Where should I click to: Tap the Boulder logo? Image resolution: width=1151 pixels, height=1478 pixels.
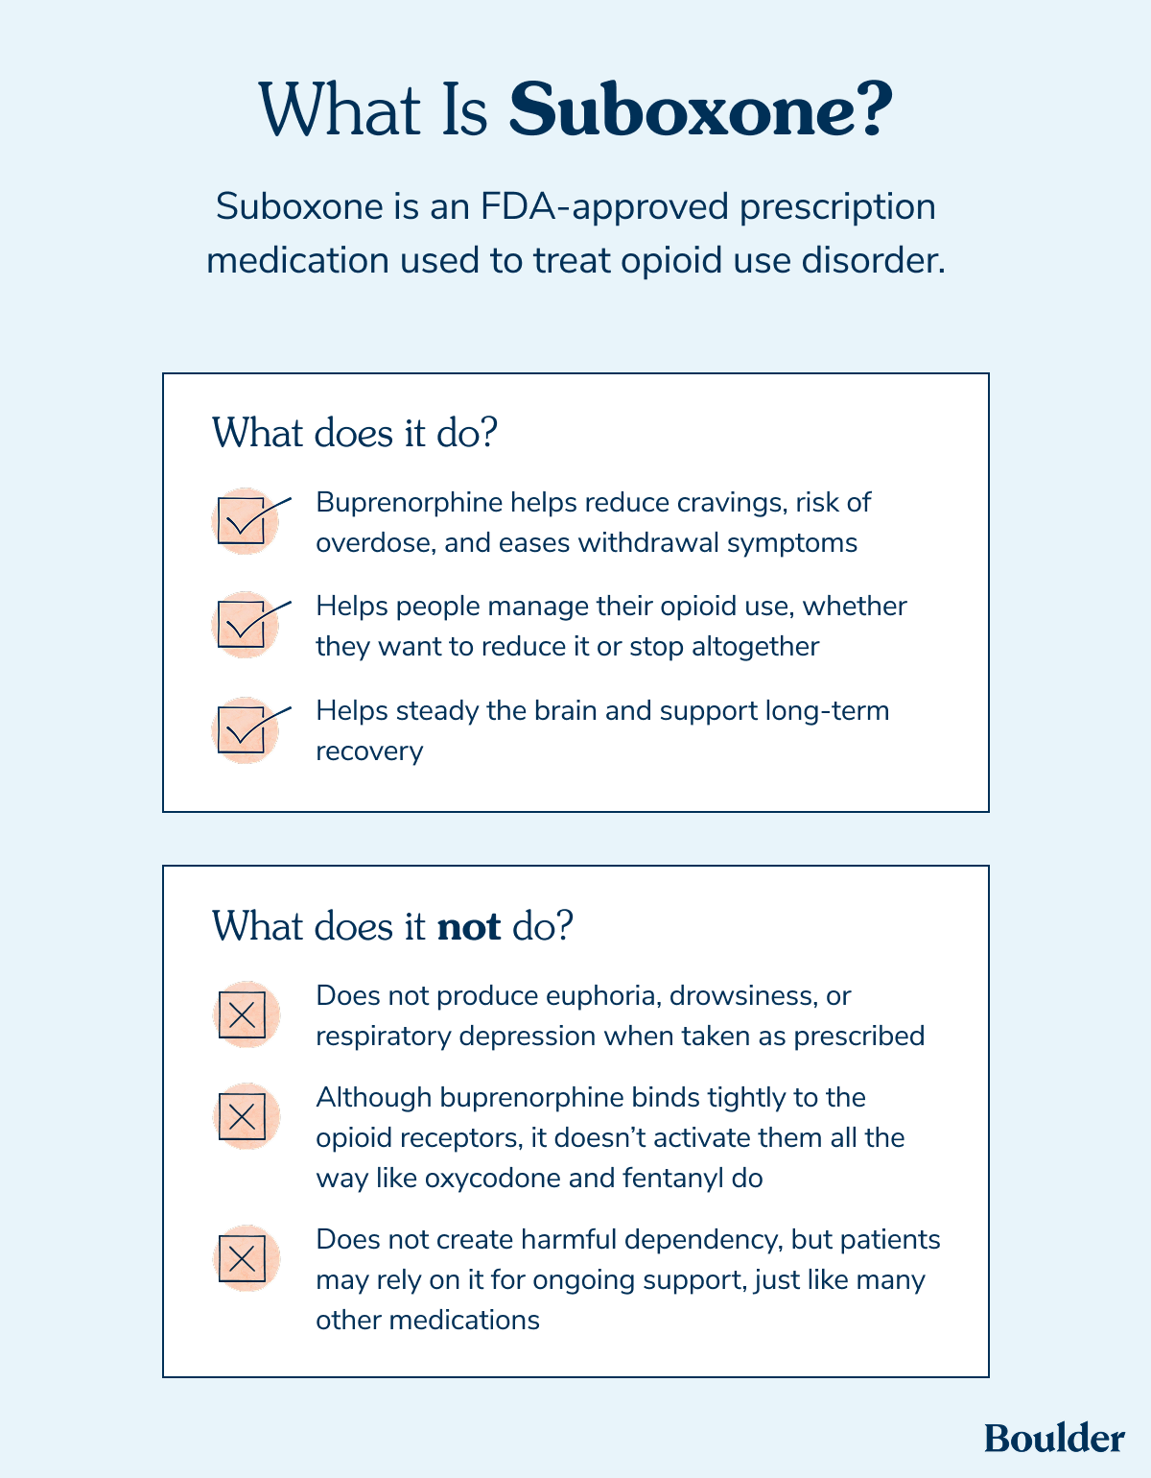tap(1054, 1438)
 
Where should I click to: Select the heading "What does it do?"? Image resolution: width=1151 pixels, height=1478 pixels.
tap(355, 433)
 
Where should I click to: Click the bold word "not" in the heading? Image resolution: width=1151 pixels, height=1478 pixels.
tap(468, 927)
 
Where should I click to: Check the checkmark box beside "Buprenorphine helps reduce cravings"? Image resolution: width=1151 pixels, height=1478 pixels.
tap(242, 521)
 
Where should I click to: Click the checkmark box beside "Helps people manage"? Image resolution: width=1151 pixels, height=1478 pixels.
tap(242, 625)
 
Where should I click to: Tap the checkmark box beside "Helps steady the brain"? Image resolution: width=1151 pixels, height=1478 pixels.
tap(242, 729)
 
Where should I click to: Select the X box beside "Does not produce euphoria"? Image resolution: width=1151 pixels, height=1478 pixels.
tap(243, 1014)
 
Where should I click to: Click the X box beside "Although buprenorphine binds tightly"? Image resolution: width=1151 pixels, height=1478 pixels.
tap(243, 1116)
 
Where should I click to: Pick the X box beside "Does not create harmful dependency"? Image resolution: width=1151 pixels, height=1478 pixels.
tap(243, 1257)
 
